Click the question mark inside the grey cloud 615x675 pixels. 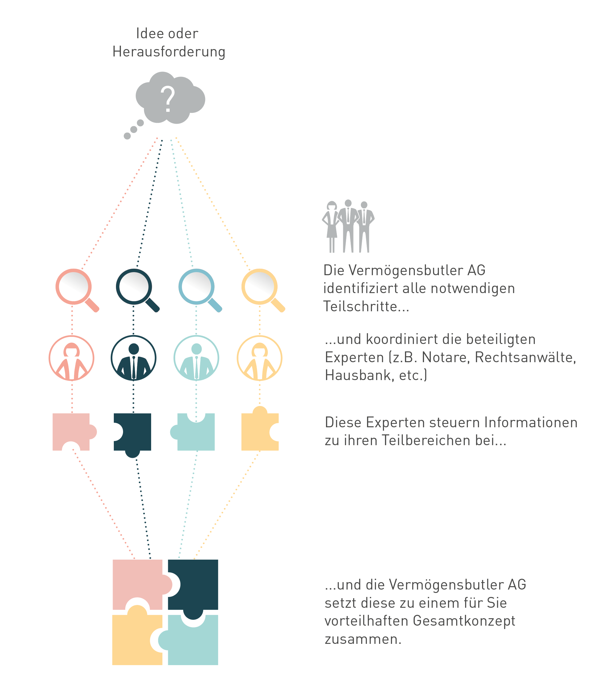pos(168,99)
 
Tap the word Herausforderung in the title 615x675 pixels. pos(169,52)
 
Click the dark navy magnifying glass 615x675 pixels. pos(138,290)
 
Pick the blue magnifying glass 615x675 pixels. pos(200,290)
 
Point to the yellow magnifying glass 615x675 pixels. pos(263,290)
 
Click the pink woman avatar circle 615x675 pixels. pos(72,358)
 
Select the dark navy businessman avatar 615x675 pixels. pos(134,358)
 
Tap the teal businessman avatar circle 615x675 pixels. pos(196,358)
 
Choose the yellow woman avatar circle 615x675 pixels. pos(259,358)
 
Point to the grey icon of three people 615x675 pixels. pos(348,226)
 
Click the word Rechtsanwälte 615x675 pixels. pos(525,357)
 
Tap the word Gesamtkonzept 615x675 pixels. pos(464,621)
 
